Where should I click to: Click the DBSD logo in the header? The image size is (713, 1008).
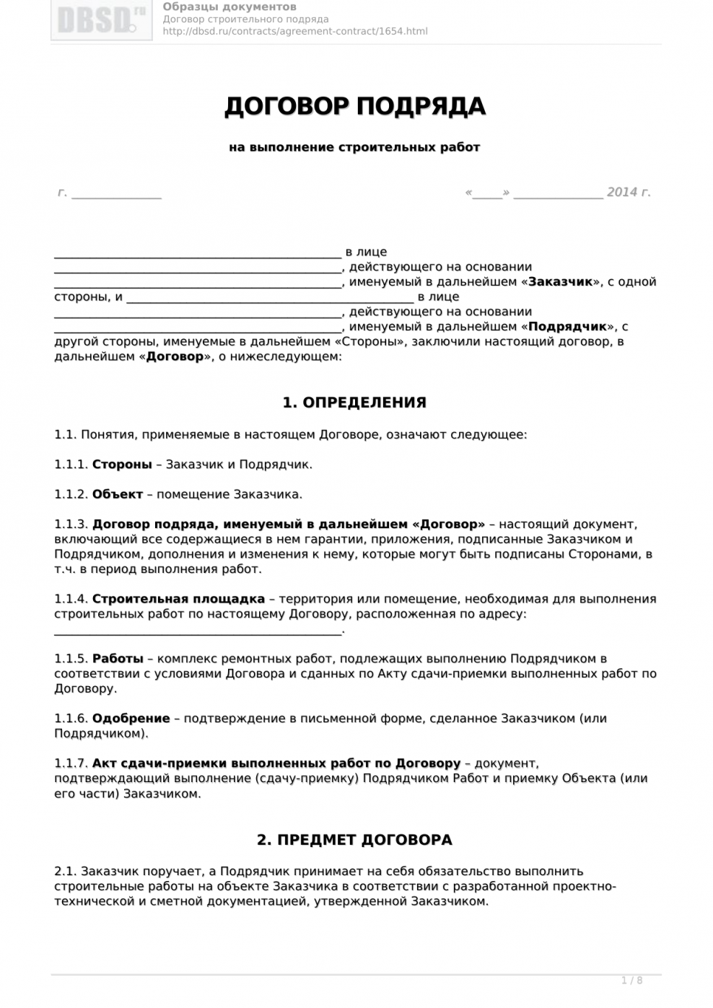coord(101,19)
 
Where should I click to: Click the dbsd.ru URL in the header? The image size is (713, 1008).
coord(295,31)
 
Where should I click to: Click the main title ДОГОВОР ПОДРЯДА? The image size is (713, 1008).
coord(355,106)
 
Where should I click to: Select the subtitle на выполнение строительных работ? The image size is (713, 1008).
coord(354,147)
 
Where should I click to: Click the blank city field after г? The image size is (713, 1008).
coord(116,193)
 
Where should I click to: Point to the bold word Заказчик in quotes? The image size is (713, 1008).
coord(560,282)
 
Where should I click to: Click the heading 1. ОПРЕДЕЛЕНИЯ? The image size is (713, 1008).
coord(354,403)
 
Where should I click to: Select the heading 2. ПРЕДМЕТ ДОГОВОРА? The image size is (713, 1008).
coord(354,840)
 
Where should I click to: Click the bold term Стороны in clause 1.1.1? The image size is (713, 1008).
coord(122,465)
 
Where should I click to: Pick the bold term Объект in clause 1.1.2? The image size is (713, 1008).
coord(118,494)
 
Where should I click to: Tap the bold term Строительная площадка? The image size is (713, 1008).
coord(178,599)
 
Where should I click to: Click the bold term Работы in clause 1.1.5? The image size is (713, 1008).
coord(118,659)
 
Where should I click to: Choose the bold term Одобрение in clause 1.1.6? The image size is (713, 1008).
coord(131,719)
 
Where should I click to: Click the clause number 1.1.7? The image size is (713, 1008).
coord(71,763)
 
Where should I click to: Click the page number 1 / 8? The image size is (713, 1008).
coord(631,980)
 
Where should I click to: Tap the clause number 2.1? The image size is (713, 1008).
coord(65,871)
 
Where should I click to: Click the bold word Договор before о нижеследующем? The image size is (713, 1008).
coord(175,357)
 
